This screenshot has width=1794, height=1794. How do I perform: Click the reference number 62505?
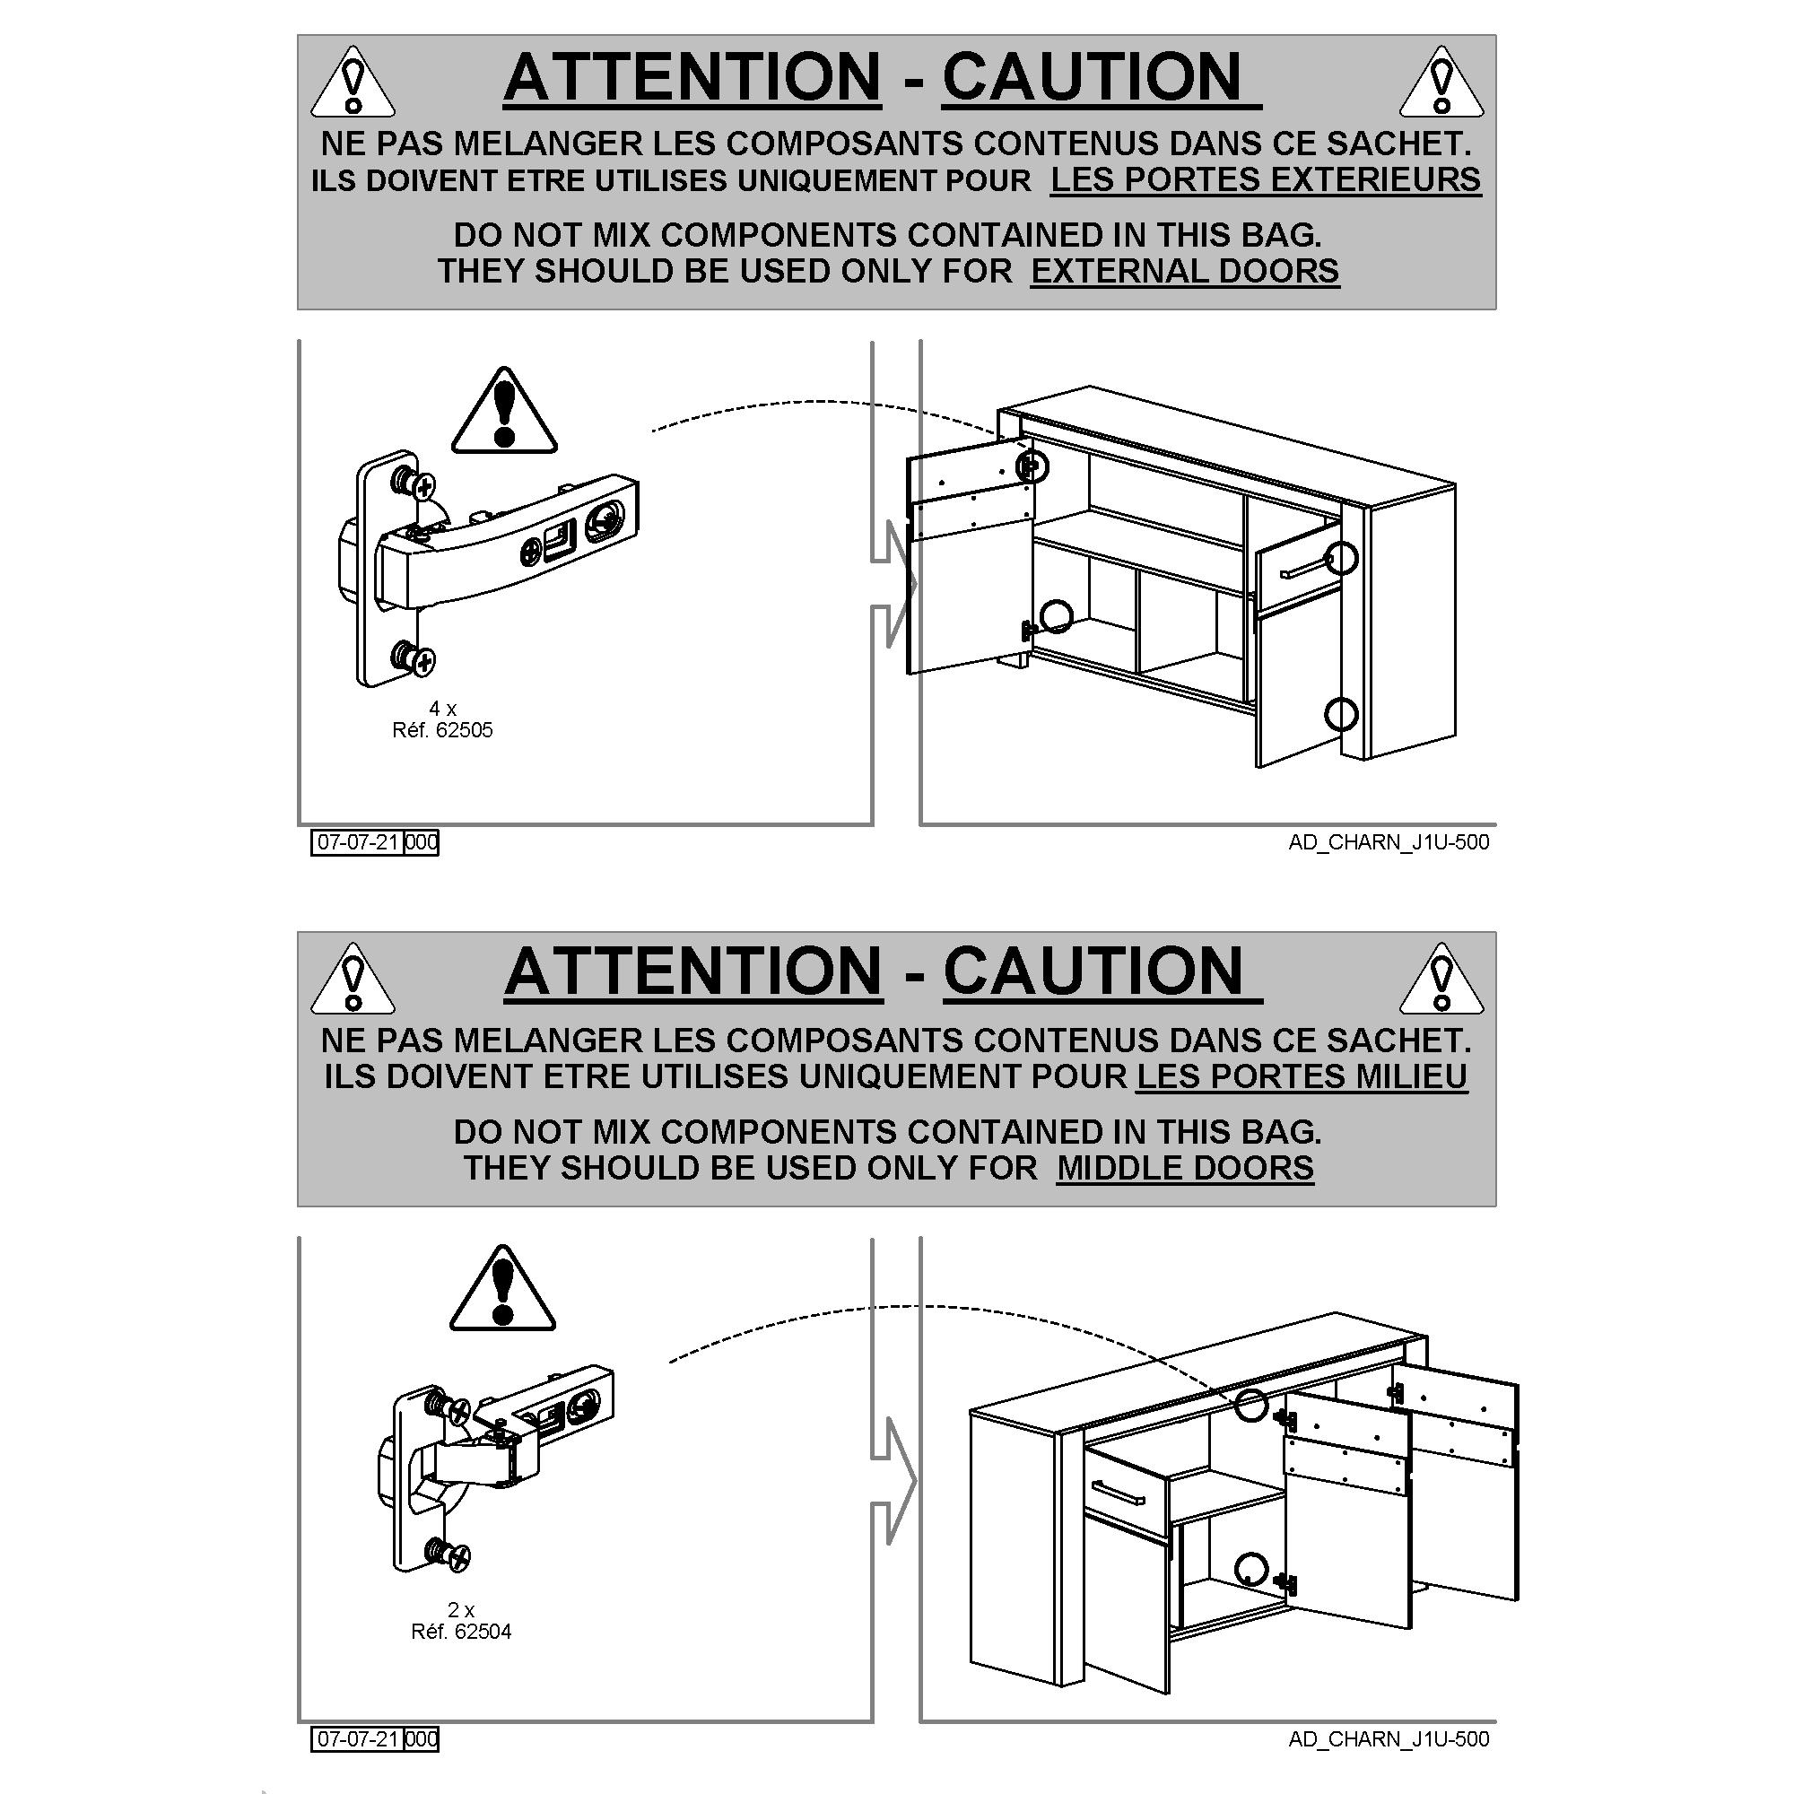(x=464, y=730)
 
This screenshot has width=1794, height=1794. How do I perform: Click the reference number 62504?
(x=482, y=1632)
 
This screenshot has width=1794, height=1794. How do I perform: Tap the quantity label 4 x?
(x=443, y=709)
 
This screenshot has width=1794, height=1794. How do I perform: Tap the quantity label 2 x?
(x=461, y=1610)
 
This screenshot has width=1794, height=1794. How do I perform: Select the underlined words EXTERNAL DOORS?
(x=1185, y=271)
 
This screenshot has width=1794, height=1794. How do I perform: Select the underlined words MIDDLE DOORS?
(x=1185, y=1168)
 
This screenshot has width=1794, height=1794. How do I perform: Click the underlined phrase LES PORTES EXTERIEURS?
(x=1266, y=179)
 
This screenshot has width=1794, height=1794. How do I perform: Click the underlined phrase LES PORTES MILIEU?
(x=1302, y=1076)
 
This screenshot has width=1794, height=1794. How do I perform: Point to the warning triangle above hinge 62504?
(x=502, y=1288)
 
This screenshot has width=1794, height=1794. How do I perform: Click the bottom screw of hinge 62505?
(x=414, y=658)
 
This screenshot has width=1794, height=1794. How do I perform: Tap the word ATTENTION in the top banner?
(x=692, y=77)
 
